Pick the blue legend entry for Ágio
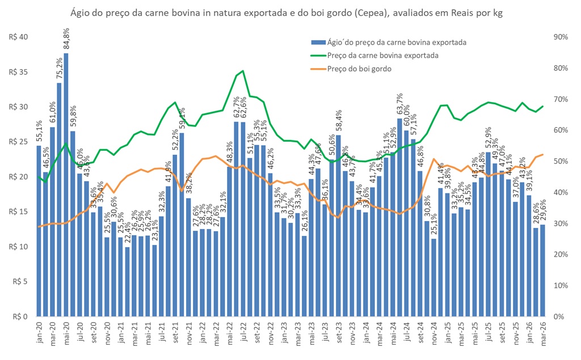pos(389,42)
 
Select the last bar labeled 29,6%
pos(542,270)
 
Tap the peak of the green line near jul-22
pos(243,71)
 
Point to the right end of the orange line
pos(542,154)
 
